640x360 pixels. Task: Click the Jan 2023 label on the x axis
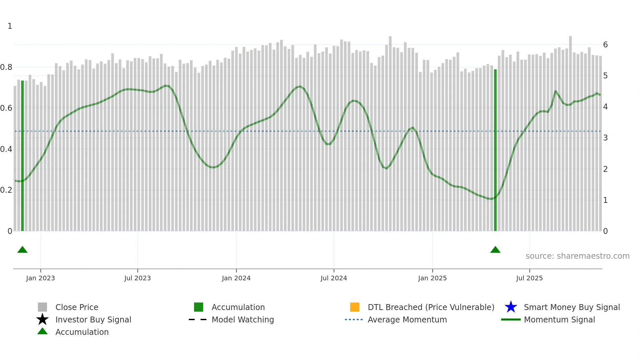pyautogui.click(x=40, y=278)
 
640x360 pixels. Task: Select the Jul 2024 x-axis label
pyautogui.click(x=334, y=278)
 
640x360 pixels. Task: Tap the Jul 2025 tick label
pyautogui.click(x=529, y=278)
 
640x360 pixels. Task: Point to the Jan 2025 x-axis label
pyautogui.click(x=432, y=278)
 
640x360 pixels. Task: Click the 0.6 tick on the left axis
pyautogui.click(x=6, y=108)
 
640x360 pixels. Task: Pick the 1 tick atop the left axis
pyautogui.click(x=10, y=26)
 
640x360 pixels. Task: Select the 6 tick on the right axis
pyautogui.click(x=605, y=45)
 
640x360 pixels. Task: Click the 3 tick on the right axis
pyautogui.click(x=605, y=138)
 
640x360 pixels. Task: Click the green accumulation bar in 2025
pyautogui.click(x=495, y=150)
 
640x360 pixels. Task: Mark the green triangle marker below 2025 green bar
pyautogui.click(x=495, y=250)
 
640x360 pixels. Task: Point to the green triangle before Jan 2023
pyautogui.click(x=23, y=250)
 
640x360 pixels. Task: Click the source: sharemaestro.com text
pyautogui.click(x=577, y=256)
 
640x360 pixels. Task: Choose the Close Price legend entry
pyautogui.click(x=77, y=307)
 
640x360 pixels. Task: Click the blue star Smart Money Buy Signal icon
pyautogui.click(x=511, y=307)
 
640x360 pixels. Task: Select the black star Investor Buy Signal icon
pyautogui.click(x=42, y=319)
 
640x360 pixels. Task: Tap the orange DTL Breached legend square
pyautogui.click(x=355, y=307)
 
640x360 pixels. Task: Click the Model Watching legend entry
pyautogui.click(x=243, y=319)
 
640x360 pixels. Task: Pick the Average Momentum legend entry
pyautogui.click(x=407, y=319)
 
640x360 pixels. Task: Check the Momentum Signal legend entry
pyautogui.click(x=559, y=319)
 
